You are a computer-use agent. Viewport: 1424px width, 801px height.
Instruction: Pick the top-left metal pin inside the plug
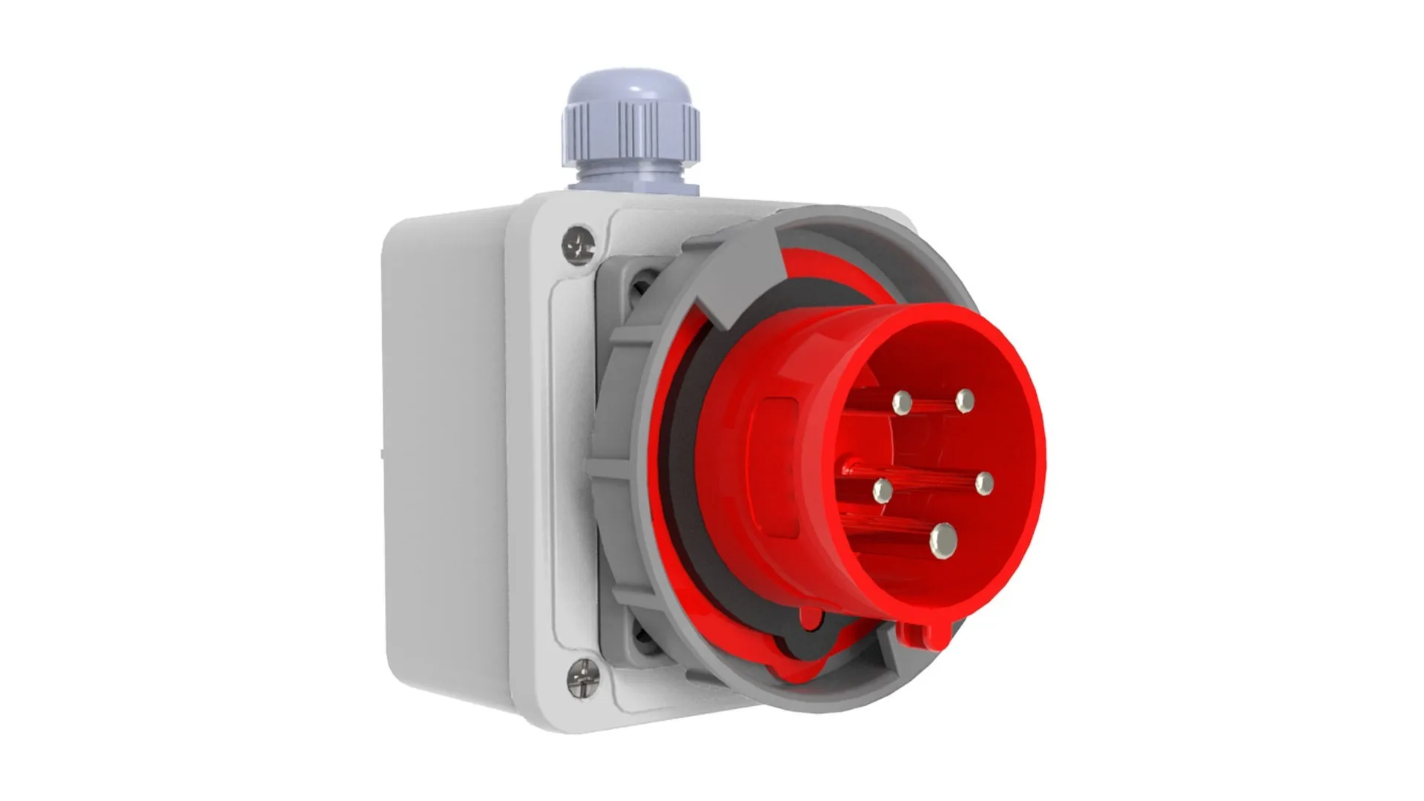[x=902, y=403]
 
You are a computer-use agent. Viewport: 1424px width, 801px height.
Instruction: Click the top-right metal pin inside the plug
[x=964, y=401]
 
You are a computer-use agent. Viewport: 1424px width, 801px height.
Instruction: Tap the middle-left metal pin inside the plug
[x=883, y=490]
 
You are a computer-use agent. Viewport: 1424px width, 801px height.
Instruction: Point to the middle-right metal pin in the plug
[x=984, y=484]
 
